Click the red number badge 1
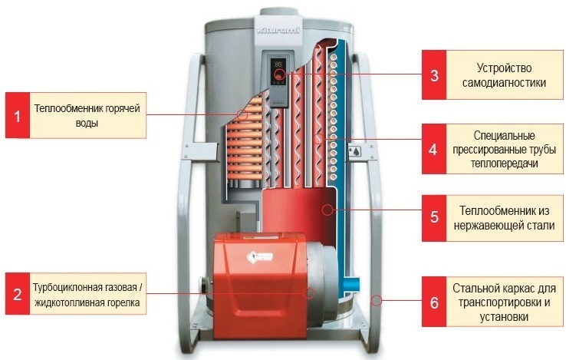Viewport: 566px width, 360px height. pyautogui.click(x=17, y=116)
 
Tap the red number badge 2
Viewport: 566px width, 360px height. pyautogui.click(x=17, y=293)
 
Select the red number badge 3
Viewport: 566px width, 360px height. pyautogui.click(x=434, y=74)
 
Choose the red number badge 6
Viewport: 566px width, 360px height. pyautogui.click(x=434, y=301)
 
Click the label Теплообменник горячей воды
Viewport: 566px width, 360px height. pyautogui.click(x=85, y=116)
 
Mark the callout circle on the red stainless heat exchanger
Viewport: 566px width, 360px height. pyautogui.click(x=327, y=208)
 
